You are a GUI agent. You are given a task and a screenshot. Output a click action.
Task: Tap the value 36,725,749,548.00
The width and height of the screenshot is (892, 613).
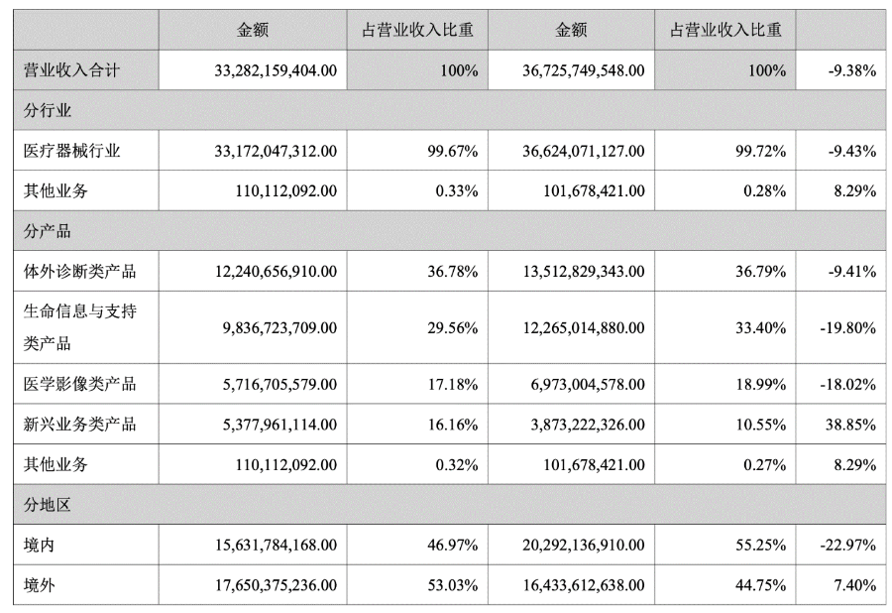pos(583,71)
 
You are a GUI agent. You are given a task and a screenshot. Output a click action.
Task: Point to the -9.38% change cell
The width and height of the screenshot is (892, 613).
pos(851,71)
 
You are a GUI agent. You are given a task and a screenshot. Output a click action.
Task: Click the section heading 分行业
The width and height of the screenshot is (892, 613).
pos(48,110)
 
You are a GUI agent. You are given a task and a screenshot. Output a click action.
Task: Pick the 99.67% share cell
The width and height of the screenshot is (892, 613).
pos(457,151)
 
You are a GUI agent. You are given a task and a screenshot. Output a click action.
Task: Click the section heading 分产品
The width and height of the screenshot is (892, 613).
pos(48,231)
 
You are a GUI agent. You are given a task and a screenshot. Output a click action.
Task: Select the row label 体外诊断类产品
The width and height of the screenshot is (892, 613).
pos(79,271)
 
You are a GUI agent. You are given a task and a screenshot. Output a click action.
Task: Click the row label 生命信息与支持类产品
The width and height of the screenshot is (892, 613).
pos(79,327)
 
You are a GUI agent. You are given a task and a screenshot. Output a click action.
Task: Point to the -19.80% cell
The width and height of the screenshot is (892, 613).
pos(847,327)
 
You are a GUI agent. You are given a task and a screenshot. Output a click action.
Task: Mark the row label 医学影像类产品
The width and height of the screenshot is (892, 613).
pos(79,384)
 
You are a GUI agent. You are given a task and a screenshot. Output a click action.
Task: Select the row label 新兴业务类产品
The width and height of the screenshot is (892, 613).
pos(79,425)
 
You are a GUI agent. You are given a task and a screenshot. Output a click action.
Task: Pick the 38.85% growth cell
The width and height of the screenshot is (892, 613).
pos(851,425)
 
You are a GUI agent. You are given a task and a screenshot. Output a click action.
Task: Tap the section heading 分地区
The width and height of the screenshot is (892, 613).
pos(48,505)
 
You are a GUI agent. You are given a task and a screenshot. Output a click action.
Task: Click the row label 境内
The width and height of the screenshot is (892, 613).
pos(40,545)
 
